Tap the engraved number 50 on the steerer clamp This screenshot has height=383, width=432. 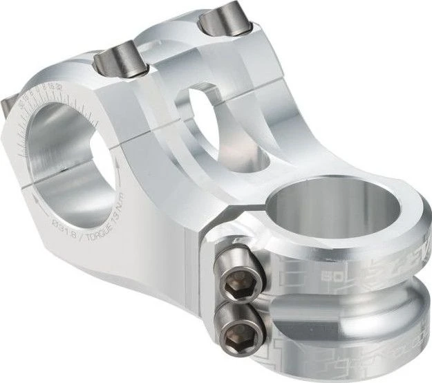pos(334,277)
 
